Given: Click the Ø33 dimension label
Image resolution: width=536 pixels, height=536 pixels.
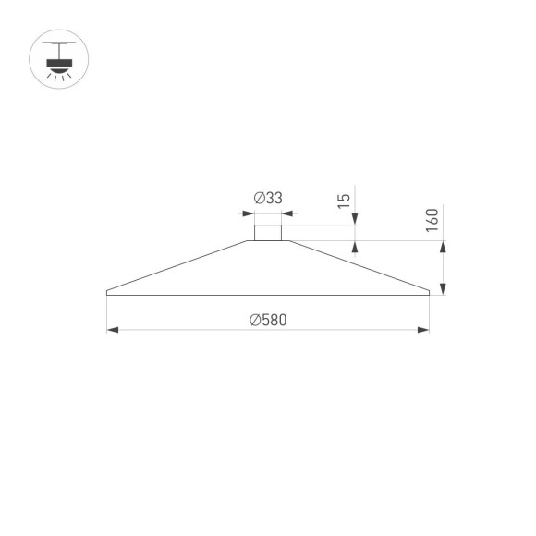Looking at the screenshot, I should point(267,198).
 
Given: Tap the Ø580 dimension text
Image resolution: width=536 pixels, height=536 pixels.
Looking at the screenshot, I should point(267,320).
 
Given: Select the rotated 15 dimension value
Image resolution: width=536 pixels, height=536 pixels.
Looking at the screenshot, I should point(343,200).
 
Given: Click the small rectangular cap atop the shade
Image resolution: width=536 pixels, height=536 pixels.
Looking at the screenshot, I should point(268,233).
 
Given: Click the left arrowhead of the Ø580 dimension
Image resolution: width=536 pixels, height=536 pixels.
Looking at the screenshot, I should point(112,329).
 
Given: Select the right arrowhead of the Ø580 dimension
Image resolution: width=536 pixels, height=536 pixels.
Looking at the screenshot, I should point(424,329).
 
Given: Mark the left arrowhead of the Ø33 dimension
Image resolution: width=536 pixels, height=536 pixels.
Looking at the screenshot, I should point(250,214).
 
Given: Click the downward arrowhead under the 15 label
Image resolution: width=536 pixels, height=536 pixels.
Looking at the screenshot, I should point(355,221).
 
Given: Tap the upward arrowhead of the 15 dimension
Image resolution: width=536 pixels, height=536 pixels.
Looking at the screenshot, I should point(355,246).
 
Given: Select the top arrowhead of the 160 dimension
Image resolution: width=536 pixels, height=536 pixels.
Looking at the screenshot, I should point(444,247).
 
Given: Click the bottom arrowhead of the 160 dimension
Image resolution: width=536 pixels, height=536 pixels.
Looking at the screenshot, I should point(444,289).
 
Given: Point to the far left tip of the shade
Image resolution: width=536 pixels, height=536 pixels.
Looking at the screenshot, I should point(107,293).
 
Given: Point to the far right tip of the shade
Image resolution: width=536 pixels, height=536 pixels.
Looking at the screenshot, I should point(430,293).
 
